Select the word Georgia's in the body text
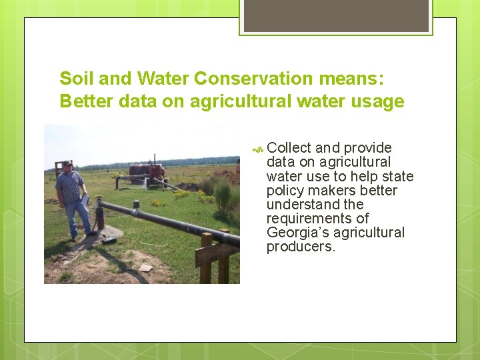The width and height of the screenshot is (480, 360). (x=299, y=233)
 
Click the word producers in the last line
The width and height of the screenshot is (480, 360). (x=301, y=247)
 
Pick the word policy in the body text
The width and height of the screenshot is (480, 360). (x=285, y=191)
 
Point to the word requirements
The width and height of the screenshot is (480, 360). (x=317, y=219)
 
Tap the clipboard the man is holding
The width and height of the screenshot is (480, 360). (x=85, y=199)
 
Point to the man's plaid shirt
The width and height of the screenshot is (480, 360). (x=70, y=187)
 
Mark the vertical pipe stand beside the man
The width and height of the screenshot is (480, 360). (x=100, y=217)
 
